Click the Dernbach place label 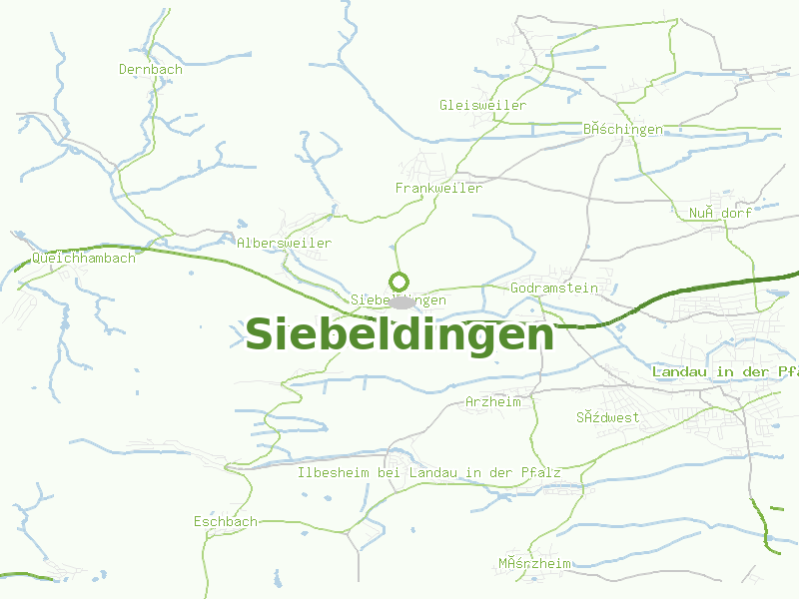point(151,69)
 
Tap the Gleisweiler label point(482,105)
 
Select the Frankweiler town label point(438,188)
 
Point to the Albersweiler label point(284,243)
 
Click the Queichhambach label point(83,258)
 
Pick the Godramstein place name point(553,288)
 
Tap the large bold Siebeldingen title point(399,334)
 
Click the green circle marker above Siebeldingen point(399,282)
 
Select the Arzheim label point(493,401)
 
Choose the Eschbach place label point(226,521)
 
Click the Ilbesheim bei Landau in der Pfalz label point(429,471)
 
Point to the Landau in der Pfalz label point(725,371)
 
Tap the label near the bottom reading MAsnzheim point(535,563)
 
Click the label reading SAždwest point(607,417)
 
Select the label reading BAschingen point(622,129)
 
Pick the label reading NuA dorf point(719,213)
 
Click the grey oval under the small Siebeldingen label point(402,301)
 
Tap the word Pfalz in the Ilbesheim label point(540,471)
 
